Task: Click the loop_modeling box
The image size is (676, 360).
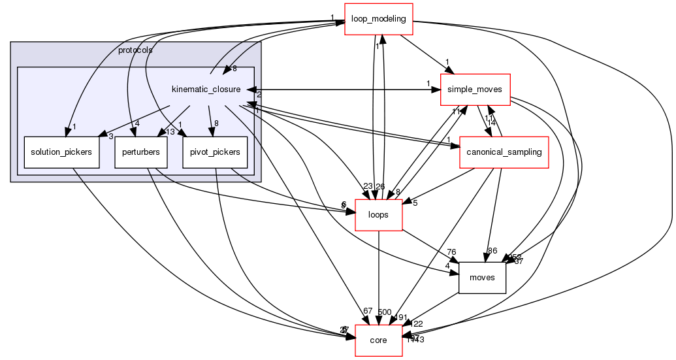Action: tap(379, 18)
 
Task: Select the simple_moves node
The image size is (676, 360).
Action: tap(475, 90)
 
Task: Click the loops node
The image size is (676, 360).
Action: tap(378, 214)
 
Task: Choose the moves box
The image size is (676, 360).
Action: tap(483, 277)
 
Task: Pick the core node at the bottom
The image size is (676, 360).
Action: tap(378, 340)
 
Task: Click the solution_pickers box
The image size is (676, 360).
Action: tap(61, 152)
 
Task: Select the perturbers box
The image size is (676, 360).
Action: tap(141, 152)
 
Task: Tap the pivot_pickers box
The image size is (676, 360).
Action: tap(215, 152)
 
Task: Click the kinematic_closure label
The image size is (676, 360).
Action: tap(206, 89)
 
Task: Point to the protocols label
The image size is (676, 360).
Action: tap(135, 50)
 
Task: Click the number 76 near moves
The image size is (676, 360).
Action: tap(451, 253)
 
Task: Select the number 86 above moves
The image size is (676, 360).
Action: tap(492, 250)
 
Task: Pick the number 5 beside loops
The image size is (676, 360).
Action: tap(415, 203)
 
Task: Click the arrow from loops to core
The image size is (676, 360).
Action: tap(378, 274)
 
